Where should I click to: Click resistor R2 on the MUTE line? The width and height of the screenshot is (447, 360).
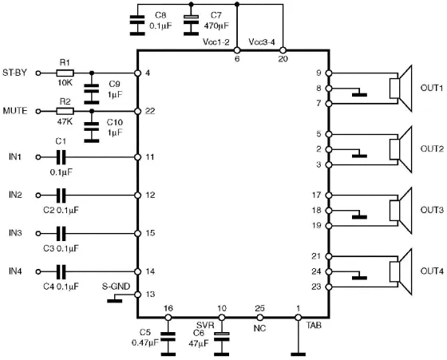tap(65, 112)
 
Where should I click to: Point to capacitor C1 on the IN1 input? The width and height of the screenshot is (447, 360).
tap(61, 157)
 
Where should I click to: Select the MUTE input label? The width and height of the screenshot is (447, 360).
tap(18, 112)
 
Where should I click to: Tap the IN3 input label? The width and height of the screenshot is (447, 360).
tap(15, 233)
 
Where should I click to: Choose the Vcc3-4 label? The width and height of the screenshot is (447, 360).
tap(263, 41)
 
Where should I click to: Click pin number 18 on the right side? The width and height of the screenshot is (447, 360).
tap(318, 210)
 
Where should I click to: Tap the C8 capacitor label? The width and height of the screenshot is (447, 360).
tap(160, 15)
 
